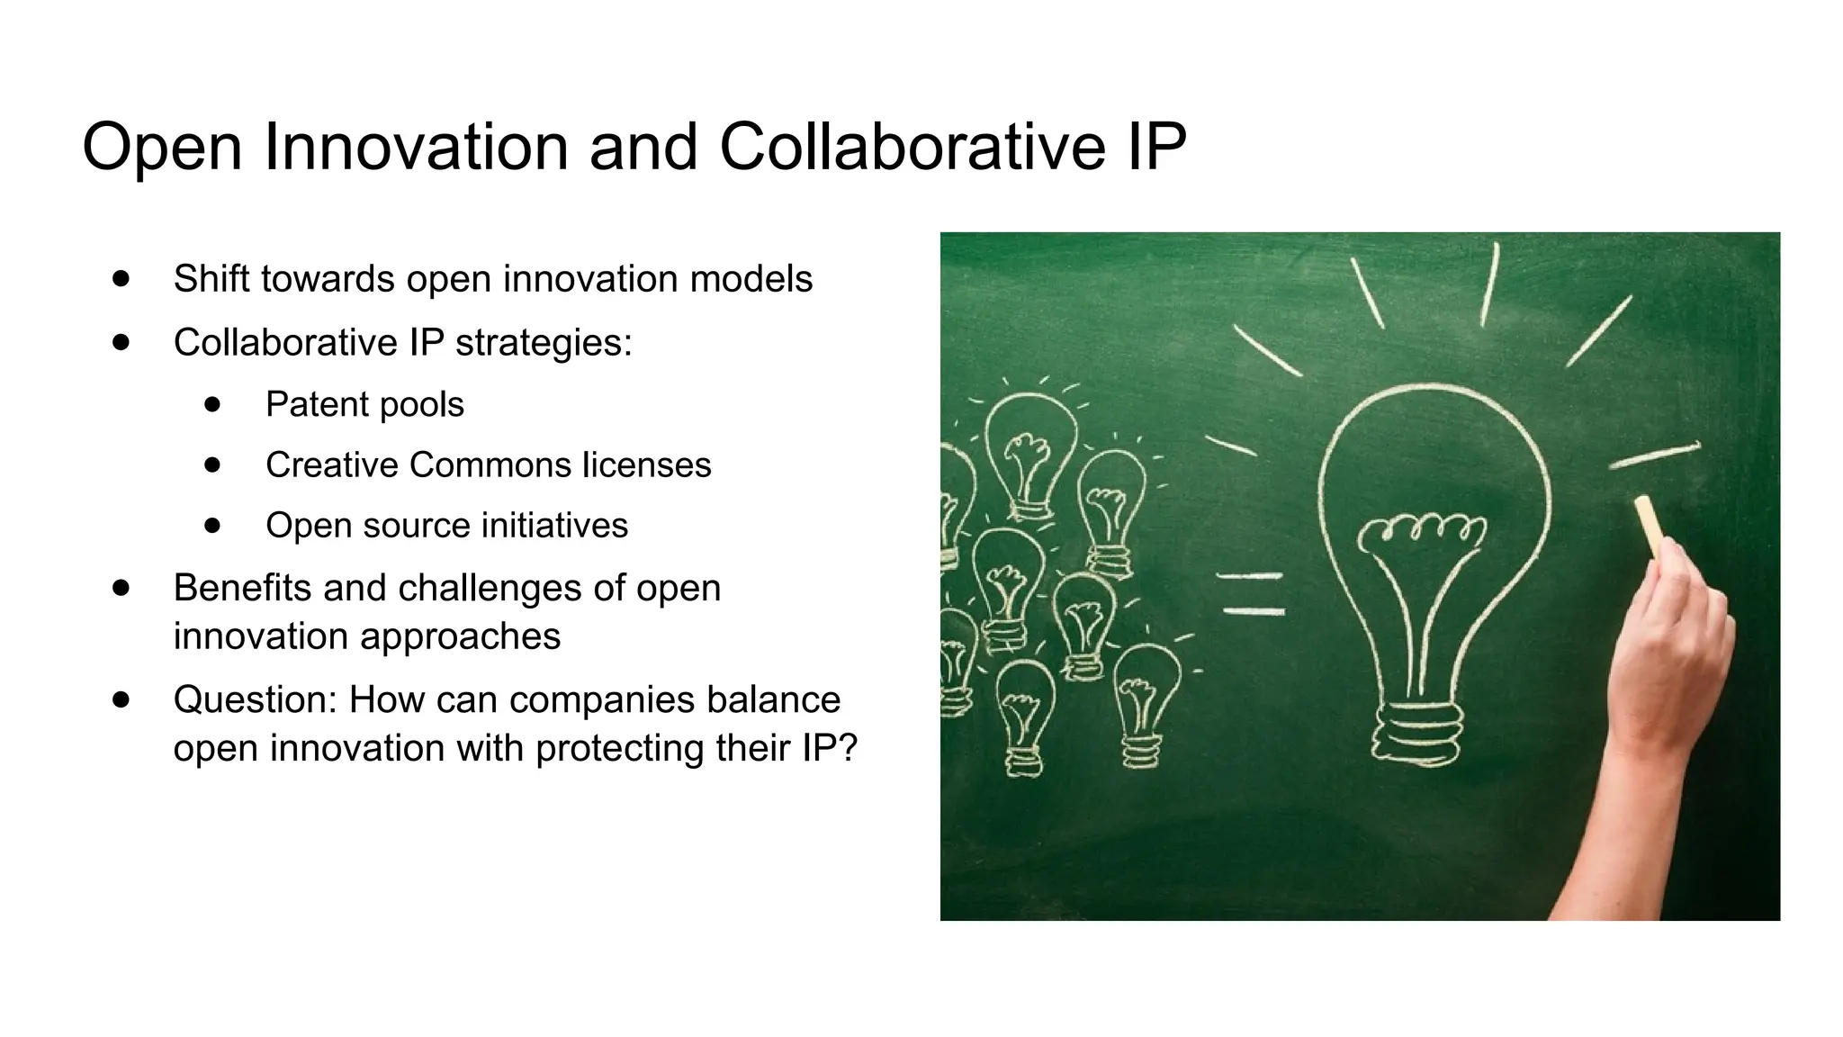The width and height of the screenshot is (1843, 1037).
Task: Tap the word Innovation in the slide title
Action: coord(416,146)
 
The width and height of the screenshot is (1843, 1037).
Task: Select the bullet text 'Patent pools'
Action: coord(364,404)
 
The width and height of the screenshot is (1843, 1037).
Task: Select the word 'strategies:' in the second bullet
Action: coord(544,342)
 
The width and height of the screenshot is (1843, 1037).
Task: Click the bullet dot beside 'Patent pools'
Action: coord(212,404)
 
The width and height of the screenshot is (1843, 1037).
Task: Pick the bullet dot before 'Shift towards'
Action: coord(121,278)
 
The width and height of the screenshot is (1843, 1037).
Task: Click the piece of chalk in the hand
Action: coord(1650,524)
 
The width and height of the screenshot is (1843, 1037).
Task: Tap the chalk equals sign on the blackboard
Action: coord(1252,593)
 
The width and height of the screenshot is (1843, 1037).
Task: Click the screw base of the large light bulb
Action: coord(1417,731)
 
